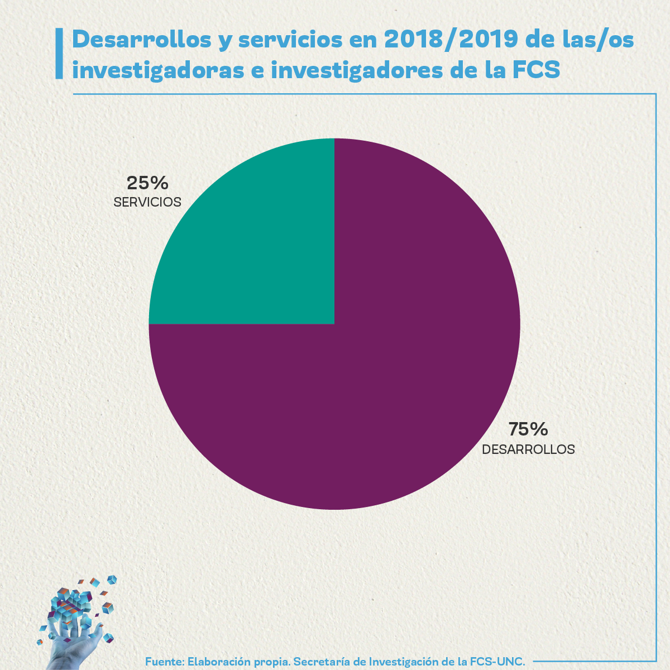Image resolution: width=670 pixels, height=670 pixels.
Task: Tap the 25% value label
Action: pos(147,183)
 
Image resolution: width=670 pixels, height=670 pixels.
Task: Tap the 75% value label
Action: pos(528,429)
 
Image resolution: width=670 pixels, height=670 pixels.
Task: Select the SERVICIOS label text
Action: pos(147,202)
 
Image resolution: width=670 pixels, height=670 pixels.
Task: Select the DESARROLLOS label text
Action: pos(528,449)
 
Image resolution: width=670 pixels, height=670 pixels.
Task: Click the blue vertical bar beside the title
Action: pos(59,54)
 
